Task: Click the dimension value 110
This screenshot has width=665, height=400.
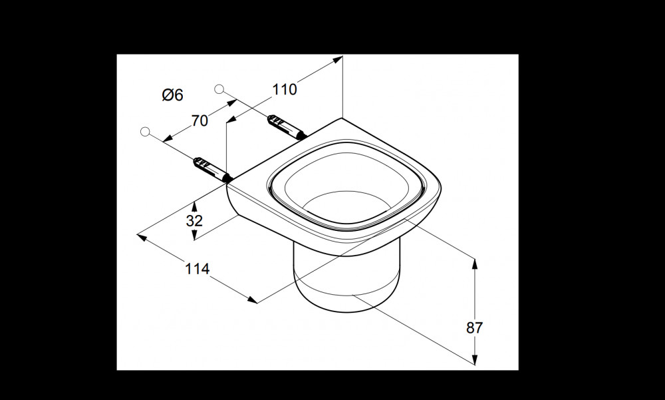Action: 284,90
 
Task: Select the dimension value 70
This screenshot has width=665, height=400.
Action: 199,121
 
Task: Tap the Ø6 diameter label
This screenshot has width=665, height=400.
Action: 173,95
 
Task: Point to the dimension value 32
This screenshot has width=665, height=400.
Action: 194,221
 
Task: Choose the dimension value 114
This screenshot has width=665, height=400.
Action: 198,269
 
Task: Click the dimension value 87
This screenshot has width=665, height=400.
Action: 475,328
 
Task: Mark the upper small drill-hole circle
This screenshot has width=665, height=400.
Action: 219,89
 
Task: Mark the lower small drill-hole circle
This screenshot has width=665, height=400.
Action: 145,132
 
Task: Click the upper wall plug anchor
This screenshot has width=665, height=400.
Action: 287,127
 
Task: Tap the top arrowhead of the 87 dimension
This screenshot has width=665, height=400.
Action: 475,264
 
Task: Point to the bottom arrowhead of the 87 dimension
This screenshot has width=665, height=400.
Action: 475,359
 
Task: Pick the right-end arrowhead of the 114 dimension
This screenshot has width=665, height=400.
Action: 252,300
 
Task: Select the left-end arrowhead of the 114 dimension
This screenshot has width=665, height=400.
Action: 142,237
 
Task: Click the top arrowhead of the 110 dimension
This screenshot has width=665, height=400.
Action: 338,59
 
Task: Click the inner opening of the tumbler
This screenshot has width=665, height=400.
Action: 347,187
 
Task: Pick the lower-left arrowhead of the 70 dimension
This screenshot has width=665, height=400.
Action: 168,138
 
